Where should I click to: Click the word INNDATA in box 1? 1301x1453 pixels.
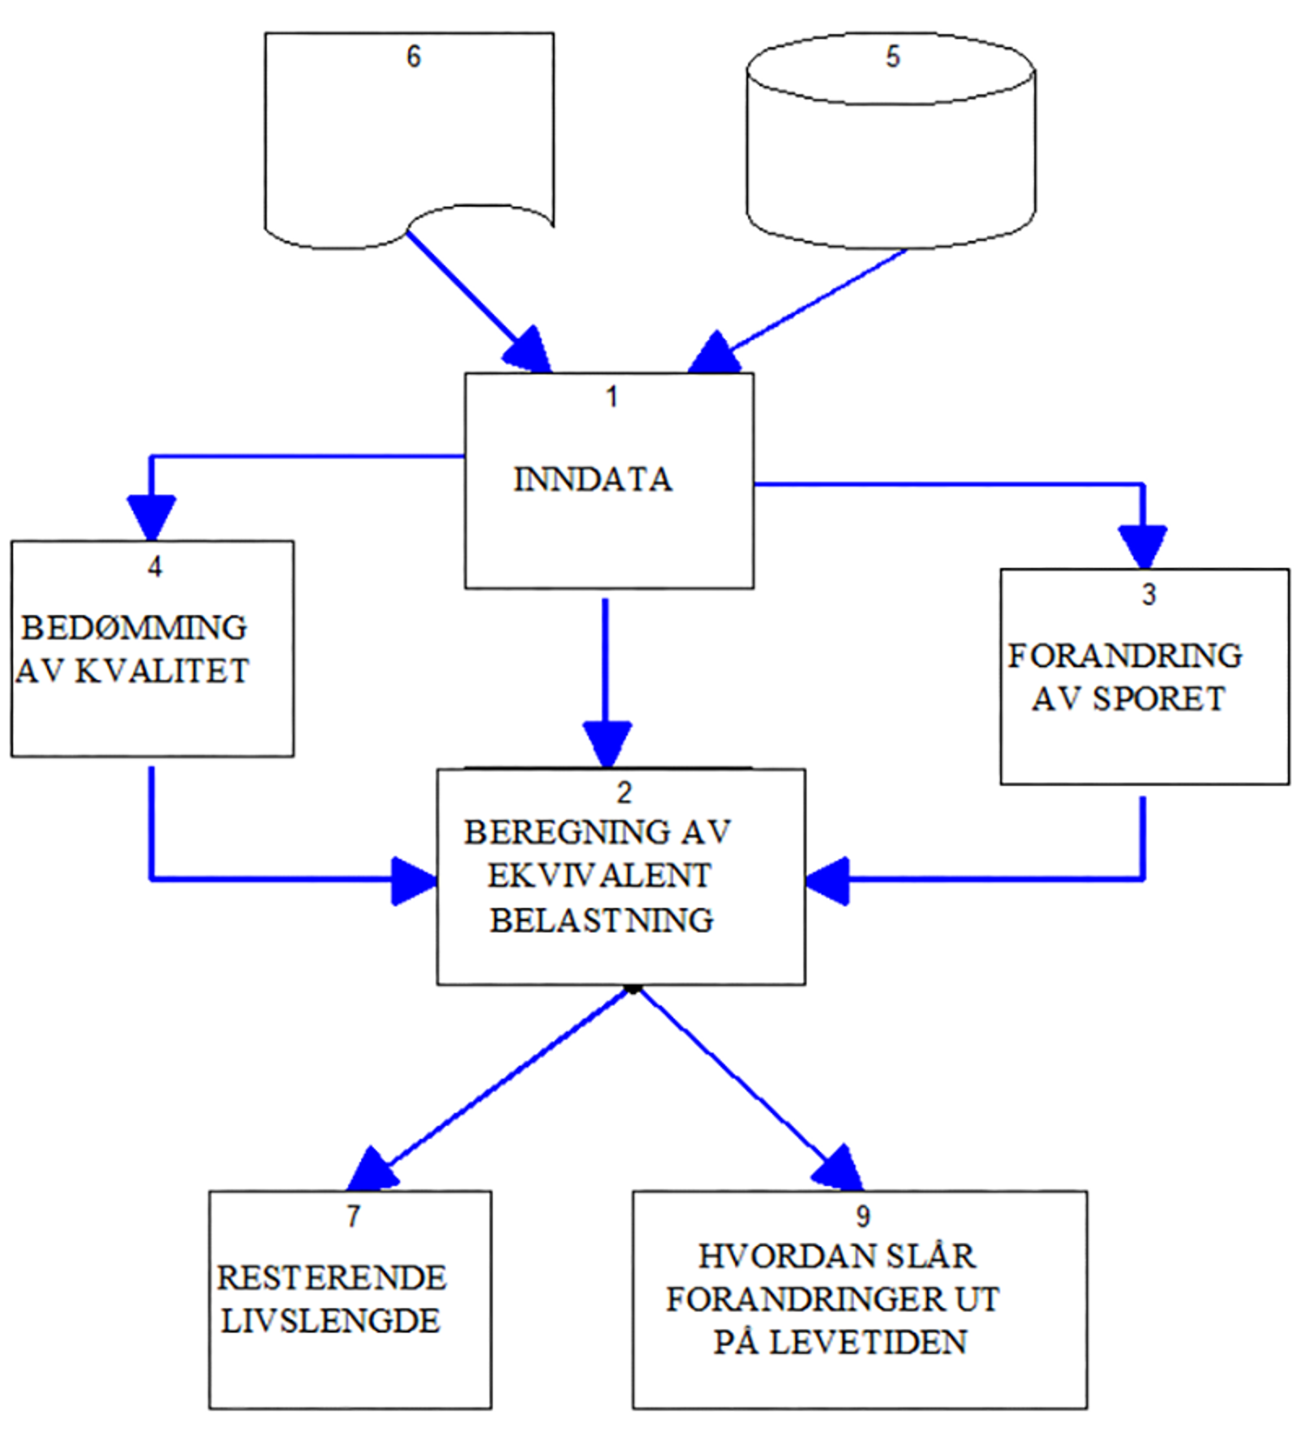[593, 479]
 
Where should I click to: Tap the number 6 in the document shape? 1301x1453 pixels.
[413, 56]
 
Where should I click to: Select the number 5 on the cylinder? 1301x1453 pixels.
[893, 56]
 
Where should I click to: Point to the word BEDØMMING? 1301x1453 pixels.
[134, 627]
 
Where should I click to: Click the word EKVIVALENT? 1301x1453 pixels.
[599, 875]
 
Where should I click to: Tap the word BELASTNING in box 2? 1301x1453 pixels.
[602, 920]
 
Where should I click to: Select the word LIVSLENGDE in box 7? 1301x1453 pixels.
[330, 1320]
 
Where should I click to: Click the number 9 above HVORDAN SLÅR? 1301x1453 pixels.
[863, 1216]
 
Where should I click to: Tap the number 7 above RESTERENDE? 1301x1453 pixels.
[353, 1215]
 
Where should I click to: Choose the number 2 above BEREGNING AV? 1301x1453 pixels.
[624, 792]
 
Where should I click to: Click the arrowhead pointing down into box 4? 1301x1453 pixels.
[151, 516]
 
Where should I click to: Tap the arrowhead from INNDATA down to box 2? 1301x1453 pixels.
[607, 742]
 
